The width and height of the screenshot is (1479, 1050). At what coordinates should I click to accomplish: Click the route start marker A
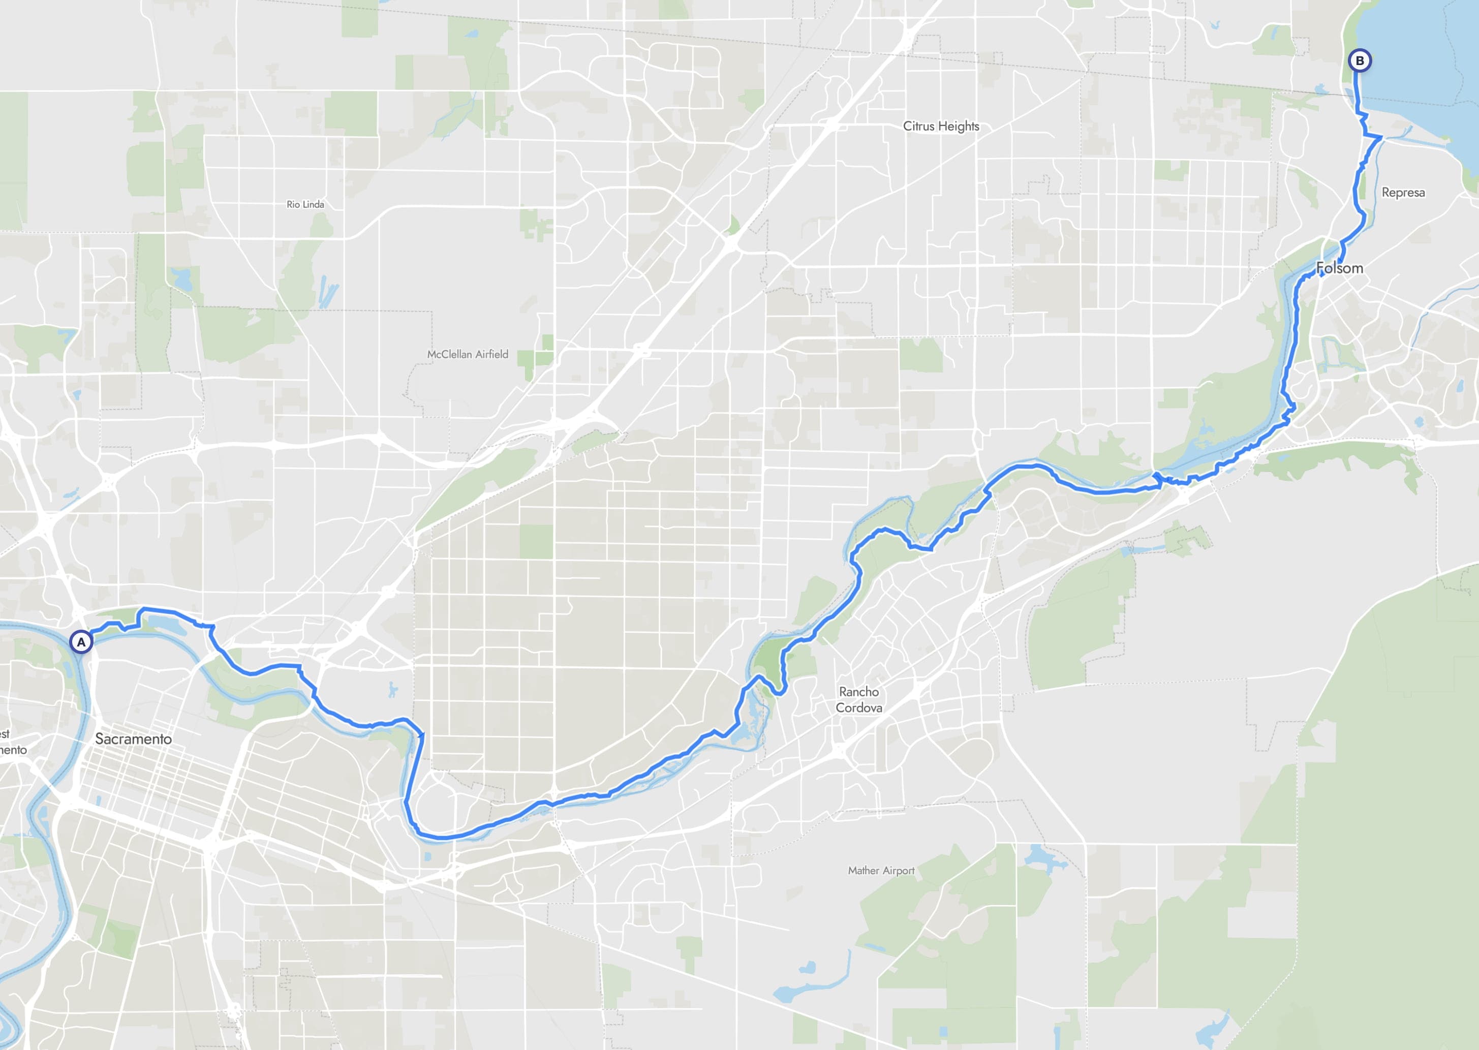(x=81, y=642)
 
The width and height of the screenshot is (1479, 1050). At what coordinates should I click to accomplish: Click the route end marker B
(x=1360, y=61)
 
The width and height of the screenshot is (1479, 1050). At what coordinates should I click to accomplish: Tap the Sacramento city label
(x=133, y=739)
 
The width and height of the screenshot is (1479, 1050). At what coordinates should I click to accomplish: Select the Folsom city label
(x=1339, y=268)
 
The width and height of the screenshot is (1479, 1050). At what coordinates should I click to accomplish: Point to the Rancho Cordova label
(x=858, y=699)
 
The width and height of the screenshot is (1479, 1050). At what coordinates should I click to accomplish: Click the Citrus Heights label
(x=941, y=126)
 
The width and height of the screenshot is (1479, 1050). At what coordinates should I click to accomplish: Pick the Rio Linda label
(x=305, y=204)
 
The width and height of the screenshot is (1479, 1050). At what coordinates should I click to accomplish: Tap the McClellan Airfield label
(x=468, y=354)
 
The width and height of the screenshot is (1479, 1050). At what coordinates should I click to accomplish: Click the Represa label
(x=1403, y=193)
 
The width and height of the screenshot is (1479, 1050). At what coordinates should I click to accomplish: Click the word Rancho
(x=858, y=692)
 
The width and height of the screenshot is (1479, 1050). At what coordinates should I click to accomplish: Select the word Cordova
(x=858, y=708)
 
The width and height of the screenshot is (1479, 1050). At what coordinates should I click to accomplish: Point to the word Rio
(x=293, y=204)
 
